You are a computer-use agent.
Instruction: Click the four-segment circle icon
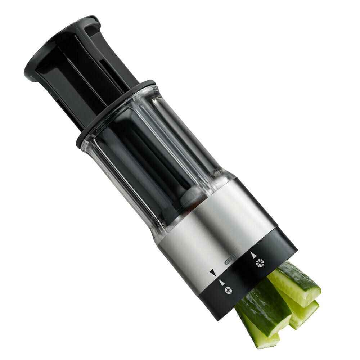228,290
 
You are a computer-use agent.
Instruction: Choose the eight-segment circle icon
260,262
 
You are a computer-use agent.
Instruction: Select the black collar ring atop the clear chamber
115,112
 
